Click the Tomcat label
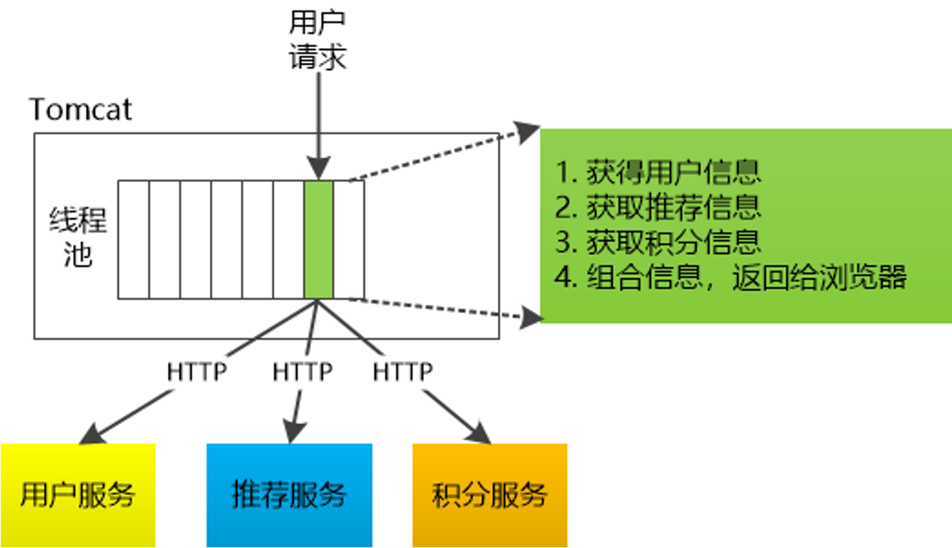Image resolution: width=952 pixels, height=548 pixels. click(x=81, y=110)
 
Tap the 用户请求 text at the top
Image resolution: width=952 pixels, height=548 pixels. click(x=317, y=40)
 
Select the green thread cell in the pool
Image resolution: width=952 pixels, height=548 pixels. click(x=319, y=240)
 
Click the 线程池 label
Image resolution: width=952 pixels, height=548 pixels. click(x=78, y=237)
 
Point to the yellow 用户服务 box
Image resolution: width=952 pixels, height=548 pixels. click(x=78, y=495)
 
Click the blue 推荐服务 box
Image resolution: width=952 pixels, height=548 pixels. click(x=289, y=495)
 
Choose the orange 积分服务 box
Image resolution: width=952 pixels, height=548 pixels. click(x=490, y=495)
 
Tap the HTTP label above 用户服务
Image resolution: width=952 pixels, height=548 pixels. click(x=197, y=372)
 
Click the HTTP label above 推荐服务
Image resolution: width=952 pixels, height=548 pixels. click(x=302, y=372)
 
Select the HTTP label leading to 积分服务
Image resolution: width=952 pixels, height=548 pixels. click(x=403, y=372)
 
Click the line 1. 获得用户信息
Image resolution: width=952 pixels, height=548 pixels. click(x=657, y=172)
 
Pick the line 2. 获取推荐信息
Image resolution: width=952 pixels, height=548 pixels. click(x=657, y=208)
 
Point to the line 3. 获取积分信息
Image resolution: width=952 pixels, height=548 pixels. click(x=657, y=242)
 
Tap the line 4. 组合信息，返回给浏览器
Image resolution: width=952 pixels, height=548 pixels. click(x=730, y=278)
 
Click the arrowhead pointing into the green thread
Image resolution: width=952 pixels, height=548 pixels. click(x=319, y=168)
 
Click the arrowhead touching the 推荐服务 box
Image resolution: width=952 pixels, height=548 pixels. click(x=293, y=432)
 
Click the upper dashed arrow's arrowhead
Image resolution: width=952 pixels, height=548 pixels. click(x=526, y=132)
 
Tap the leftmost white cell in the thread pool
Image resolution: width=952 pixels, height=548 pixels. click(x=133, y=240)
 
